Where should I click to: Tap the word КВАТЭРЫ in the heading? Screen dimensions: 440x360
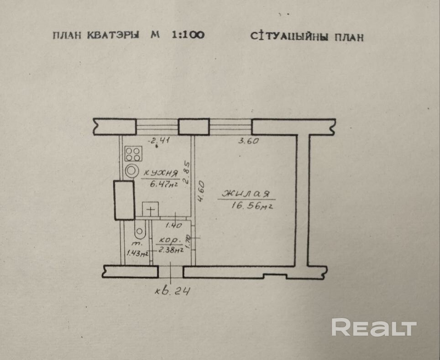pyautogui.click(x=113, y=36)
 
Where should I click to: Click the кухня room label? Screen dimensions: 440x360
pyautogui.click(x=160, y=173)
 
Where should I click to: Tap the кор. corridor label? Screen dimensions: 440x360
pyautogui.click(x=169, y=239)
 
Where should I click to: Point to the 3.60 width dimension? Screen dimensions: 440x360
pyautogui.click(x=249, y=141)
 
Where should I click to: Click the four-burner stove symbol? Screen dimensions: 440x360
pyautogui.click(x=132, y=153)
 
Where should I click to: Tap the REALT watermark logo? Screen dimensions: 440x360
pyautogui.click(x=374, y=328)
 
